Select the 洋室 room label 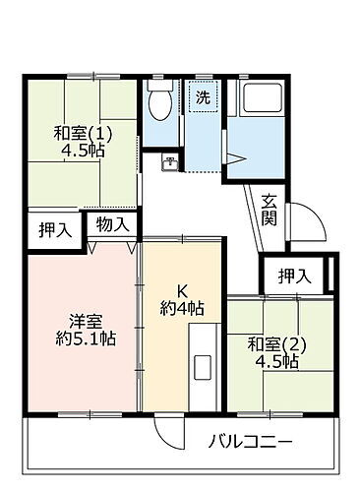[82, 321]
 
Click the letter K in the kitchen [181, 289]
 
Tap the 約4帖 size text [183, 307]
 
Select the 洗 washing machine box [202, 97]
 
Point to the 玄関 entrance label [269, 209]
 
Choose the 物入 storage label [112, 223]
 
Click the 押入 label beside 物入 [54, 231]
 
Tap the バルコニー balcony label [251, 439]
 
